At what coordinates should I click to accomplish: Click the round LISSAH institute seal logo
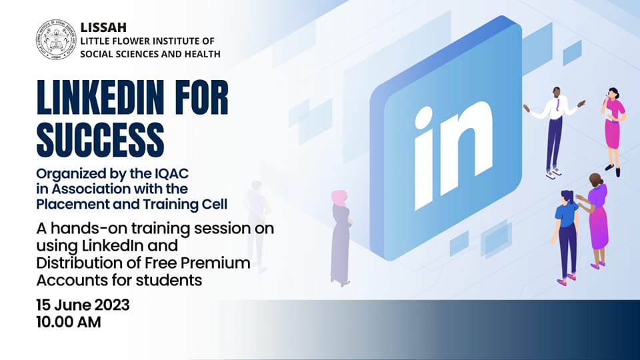coord(56,39)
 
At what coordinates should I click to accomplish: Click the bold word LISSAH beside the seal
coord(103,27)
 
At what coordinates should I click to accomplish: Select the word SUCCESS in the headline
coord(101,139)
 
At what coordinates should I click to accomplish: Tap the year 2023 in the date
coord(112,305)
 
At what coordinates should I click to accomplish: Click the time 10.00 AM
coord(69,322)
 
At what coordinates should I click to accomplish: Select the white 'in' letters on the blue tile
coord(454,155)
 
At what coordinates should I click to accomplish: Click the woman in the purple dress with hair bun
coord(594,221)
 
